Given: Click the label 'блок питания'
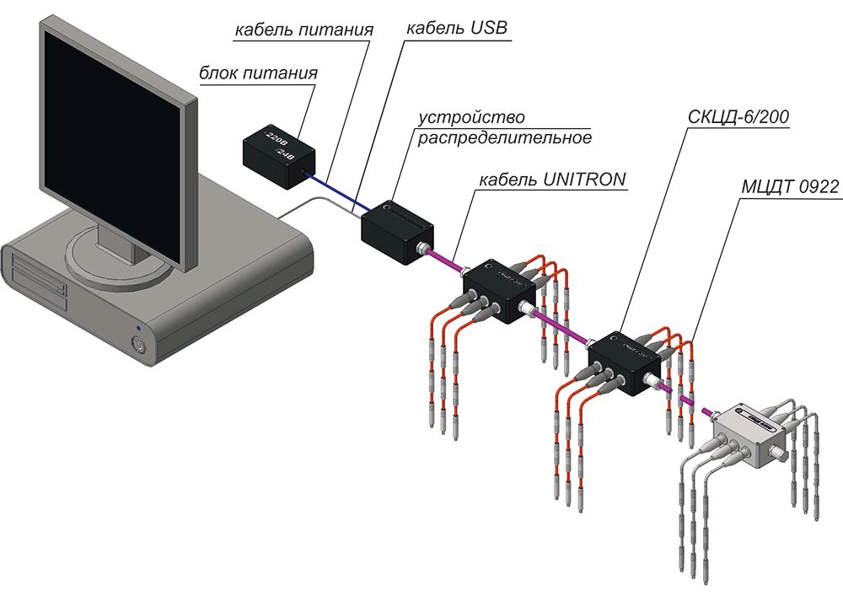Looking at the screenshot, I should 258,72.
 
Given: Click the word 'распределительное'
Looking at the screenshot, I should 505,137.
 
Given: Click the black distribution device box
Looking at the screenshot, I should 396,231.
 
